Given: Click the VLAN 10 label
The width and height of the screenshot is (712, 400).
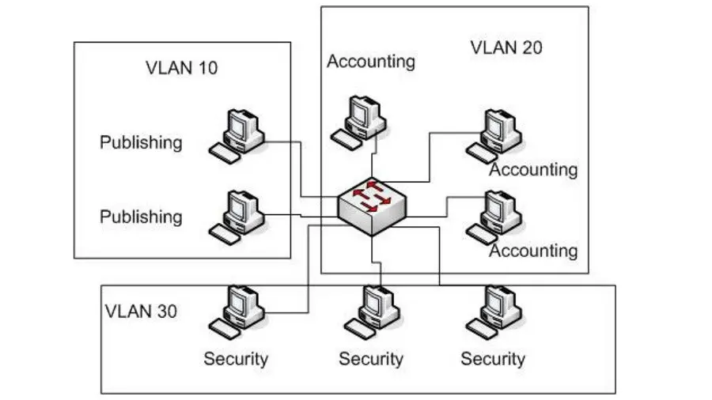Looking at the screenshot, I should click(182, 68).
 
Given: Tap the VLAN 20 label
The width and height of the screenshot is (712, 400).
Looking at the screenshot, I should click(506, 47).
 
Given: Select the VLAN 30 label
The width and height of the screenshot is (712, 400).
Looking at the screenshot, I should click(141, 311).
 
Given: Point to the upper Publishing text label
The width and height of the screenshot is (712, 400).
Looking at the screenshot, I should click(141, 142).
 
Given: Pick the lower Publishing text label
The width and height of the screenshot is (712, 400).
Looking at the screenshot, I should click(141, 217).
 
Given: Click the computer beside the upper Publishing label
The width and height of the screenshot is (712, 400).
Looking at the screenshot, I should click(237, 134).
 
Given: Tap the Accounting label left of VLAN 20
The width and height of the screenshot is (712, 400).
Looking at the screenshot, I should click(371, 61).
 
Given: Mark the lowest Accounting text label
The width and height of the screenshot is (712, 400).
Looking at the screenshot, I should click(533, 251).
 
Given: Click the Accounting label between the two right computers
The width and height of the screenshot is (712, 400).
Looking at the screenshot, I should click(533, 170).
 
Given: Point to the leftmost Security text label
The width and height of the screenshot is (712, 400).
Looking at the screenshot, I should click(236, 359).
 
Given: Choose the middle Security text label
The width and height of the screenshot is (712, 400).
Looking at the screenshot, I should click(371, 359).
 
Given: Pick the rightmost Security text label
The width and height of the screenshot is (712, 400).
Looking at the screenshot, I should click(493, 359).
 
